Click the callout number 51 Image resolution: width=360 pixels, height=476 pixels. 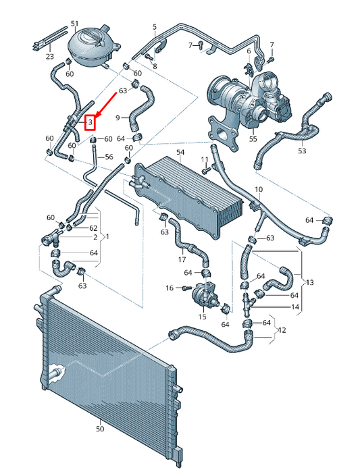74,23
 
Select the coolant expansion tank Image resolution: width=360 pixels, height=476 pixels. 93,45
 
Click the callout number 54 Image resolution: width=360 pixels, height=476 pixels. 180,153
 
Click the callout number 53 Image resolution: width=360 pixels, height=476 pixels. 301,151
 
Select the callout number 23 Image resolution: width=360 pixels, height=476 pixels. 49,57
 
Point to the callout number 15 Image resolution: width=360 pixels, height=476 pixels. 201,316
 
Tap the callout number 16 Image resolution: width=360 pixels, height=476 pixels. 170,288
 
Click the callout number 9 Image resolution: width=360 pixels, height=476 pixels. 117,118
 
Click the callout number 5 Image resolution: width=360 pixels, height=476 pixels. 154,27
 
